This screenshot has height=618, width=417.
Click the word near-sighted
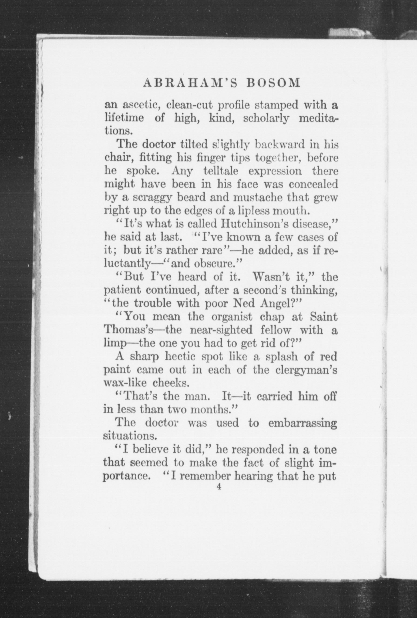click(x=222, y=330)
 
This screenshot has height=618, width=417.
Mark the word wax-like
click(x=121, y=383)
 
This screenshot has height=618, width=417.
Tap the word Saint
click(x=323, y=317)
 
